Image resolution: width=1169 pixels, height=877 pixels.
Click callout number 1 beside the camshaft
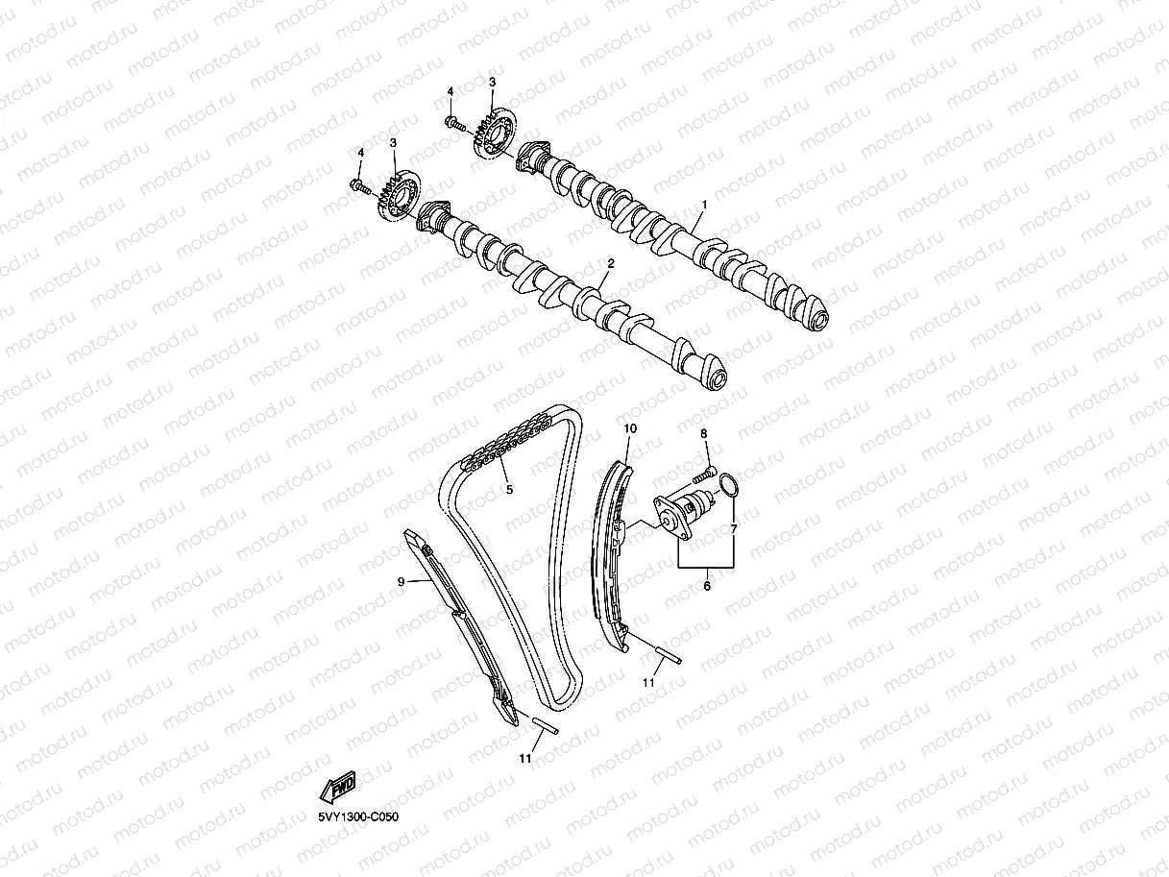704,205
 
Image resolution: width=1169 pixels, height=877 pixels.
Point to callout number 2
610,262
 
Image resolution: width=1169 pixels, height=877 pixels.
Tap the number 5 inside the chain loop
509,489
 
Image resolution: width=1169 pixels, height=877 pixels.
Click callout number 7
733,529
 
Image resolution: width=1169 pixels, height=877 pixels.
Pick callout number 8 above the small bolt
704,435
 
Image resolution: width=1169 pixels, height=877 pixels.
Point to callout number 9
402,580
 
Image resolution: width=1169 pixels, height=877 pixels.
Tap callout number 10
630,427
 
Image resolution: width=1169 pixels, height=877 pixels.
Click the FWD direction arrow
338,788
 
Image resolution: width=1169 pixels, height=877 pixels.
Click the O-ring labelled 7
729,487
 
